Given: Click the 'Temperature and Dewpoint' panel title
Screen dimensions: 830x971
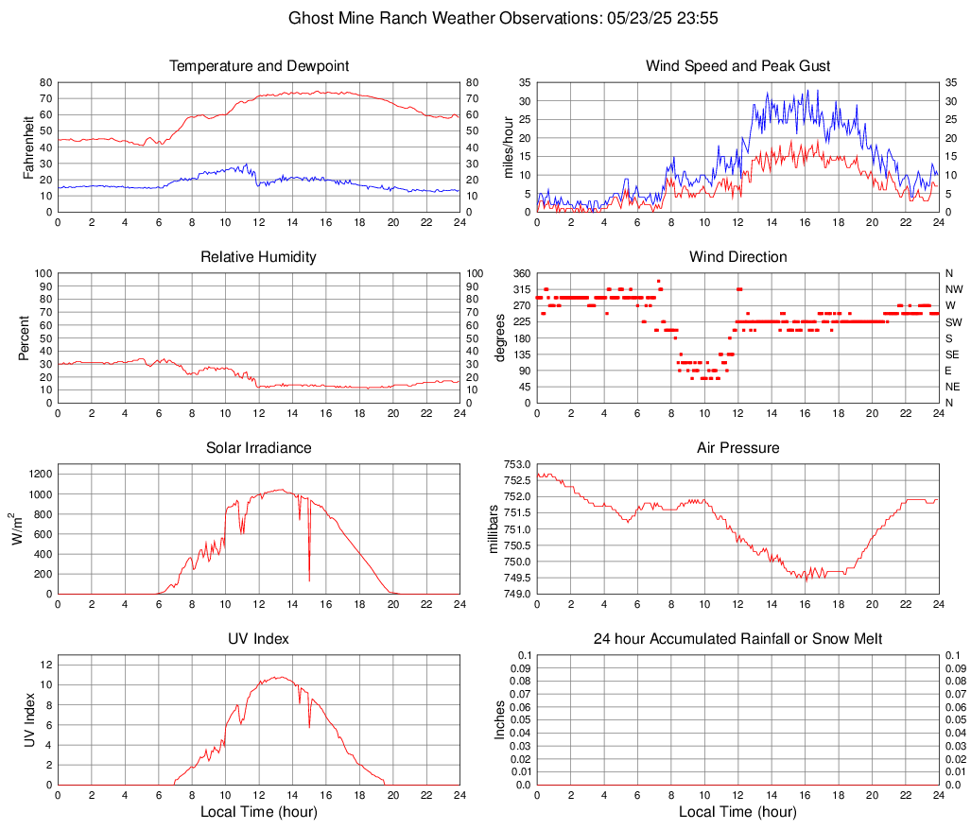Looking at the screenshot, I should [x=259, y=66].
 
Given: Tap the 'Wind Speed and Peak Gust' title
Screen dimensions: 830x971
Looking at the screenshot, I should [x=737, y=66].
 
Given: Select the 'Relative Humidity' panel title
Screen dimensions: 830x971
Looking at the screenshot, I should [x=259, y=257].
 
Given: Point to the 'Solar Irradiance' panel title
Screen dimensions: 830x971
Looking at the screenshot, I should [x=259, y=448].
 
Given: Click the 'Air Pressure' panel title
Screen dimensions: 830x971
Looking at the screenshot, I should [x=737, y=448].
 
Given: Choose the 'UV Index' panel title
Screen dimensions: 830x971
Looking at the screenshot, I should [x=259, y=639].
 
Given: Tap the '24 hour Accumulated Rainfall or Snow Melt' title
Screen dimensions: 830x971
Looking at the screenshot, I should [x=737, y=639].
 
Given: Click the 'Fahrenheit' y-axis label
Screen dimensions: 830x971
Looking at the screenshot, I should [x=27, y=147].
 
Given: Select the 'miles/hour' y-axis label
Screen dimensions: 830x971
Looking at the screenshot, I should [x=508, y=147].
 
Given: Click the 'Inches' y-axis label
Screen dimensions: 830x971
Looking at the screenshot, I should [x=500, y=720].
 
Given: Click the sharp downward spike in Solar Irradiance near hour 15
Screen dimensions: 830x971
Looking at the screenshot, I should [x=309, y=577].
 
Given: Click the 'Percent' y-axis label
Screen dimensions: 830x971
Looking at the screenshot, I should [x=24, y=338].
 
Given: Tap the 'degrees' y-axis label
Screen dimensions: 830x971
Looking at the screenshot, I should [x=500, y=338].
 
